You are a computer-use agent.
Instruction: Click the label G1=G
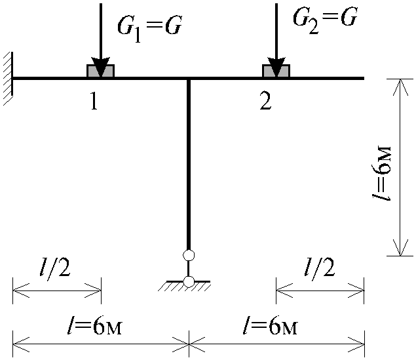pyautogui.click(x=149, y=30)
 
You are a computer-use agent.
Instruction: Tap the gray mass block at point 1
pyautogui.click(x=100, y=71)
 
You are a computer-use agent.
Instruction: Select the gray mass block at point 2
pyautogui.click(x=276, y=71)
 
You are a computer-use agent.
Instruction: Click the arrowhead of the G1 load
pyautogui.click(x=100, y=67)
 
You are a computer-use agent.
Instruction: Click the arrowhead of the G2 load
pyautogui.click(x=276, y=67)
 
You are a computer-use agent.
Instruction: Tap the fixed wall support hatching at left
pyautogui.click(x=9, y=78)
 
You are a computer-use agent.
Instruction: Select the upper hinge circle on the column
pyautogui.click(x=189, y=255)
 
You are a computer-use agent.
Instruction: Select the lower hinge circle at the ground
pyautogui.click(x=189, y=281)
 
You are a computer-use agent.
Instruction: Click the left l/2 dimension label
pyautogui.click(x=56, y=268)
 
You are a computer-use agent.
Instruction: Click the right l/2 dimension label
pyautogui.click(x=320, y=268)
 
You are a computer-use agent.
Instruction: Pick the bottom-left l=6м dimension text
pyautogui.click(x=94, y=325)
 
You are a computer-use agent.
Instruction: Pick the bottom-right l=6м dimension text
pyautogui.click(x=271, y=325)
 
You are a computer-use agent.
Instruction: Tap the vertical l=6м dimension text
pyautogui.click(x=382, y=172)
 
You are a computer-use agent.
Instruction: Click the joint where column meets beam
pyautogui.click(x=189, y=78)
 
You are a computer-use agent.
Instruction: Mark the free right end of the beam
pyautogui.click(x=364, y=78)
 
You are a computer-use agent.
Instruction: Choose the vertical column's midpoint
pyautogui.click(x=189, y=164)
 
